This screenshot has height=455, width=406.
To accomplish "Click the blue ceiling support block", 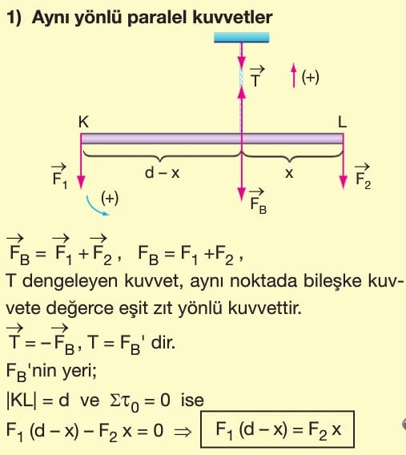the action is pos(241,38).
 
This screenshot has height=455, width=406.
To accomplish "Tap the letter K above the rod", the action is pos(83,122).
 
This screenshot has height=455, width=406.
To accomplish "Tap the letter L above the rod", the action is pos(342,122).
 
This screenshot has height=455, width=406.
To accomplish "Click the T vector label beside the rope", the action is pos(256,77).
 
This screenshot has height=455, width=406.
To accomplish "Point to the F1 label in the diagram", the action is pos(59,176).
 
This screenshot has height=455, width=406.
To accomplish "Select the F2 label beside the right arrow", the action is pos(363,176).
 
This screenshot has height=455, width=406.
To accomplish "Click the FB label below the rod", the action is pos(258,201).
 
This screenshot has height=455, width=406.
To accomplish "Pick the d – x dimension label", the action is pos(162,173).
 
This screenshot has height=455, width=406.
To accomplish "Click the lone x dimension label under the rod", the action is pos(289,174).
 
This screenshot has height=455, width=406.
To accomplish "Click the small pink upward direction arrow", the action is pos(294,74).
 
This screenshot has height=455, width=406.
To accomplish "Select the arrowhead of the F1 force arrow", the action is pos(81,182).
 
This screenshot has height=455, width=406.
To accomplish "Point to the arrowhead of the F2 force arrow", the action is pos(344,182).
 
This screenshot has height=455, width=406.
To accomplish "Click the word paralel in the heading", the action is pos(158,18).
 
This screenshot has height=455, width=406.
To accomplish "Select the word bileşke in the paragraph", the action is pos(332,281).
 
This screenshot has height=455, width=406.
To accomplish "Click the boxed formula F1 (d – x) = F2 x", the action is pos(277,429).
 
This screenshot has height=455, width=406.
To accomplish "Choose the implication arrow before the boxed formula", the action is pos(183,432).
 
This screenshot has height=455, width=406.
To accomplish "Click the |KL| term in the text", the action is pos(22,401).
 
